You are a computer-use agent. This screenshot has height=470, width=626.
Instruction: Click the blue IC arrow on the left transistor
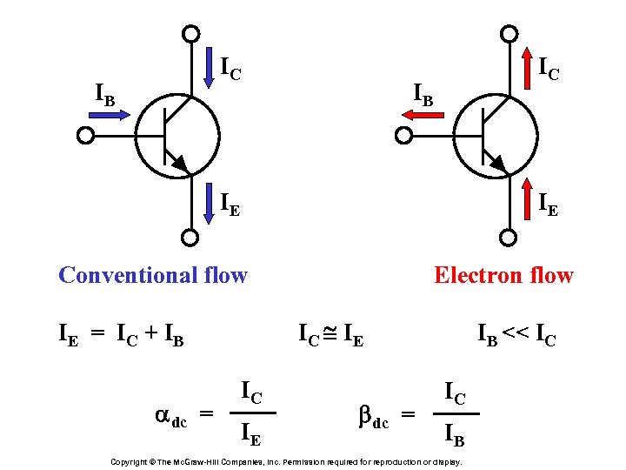coord(210,70)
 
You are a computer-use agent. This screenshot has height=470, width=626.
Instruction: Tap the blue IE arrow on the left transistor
coord(210,202)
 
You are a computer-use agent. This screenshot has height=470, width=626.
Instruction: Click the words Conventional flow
coord(153,275)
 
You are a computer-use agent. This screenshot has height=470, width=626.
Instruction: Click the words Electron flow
coord(503,275)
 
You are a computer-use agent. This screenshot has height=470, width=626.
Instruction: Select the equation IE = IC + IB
coord(121,332)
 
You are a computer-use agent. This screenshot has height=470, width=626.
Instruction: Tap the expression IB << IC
coord(516,332)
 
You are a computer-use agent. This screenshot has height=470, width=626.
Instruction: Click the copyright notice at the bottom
coord(287,460)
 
